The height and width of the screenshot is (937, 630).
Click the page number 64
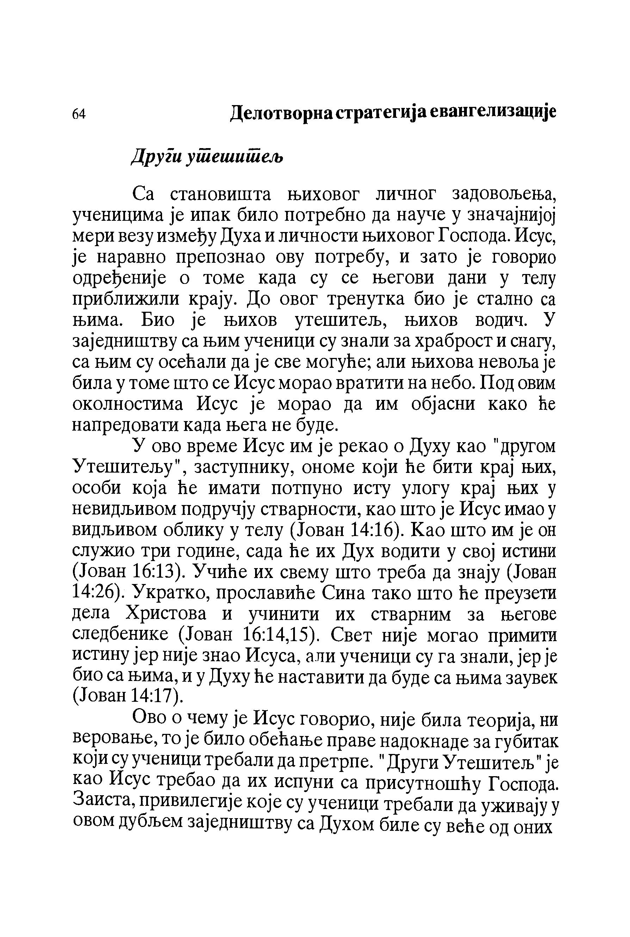pos(79,114)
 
